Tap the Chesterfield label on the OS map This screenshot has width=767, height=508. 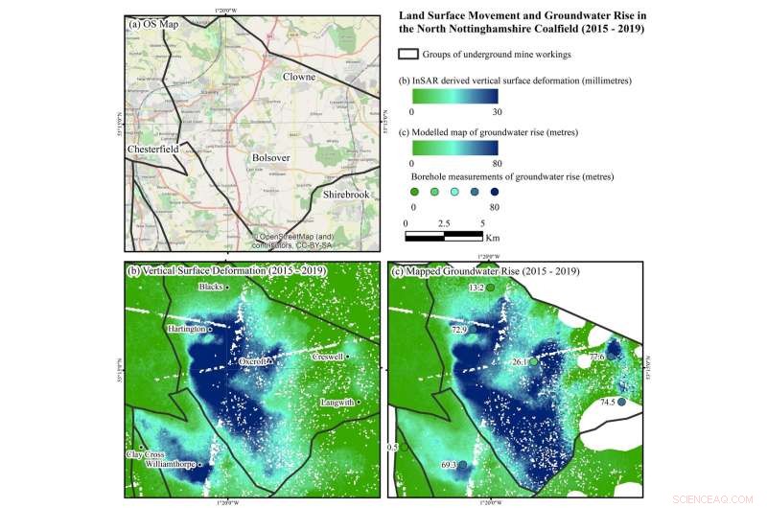[154, 150]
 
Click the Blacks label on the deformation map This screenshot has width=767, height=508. [211, 287]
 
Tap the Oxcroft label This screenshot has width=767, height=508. [251, 361]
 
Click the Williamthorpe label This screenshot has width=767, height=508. [170, 463]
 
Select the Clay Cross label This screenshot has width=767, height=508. [147, 453]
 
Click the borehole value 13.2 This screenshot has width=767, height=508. [475, 287]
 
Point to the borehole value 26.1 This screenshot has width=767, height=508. [520, 362]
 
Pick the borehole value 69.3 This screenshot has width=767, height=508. [451, 465]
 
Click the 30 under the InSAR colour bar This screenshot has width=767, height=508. [497, 112]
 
